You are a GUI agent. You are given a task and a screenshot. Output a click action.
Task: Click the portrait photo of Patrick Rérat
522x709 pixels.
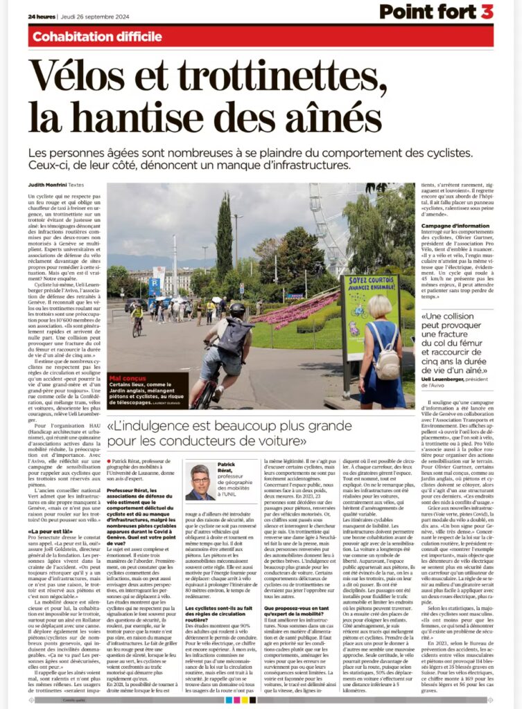click(x=200, y=482)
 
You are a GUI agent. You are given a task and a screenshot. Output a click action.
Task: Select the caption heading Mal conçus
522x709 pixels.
click(x=125, y=379)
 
